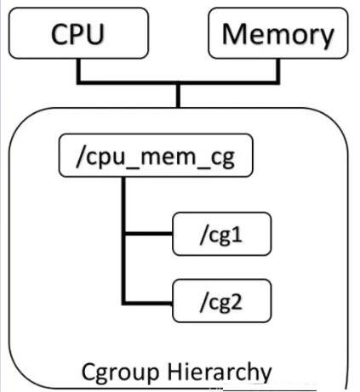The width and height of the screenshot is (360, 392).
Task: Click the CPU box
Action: (78, 33)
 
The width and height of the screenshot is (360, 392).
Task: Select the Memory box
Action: (278, 33)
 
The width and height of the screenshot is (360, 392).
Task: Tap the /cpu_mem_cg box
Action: (156, 156)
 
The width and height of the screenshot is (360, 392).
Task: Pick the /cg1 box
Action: (222, 234)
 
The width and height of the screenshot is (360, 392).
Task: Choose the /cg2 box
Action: (222, 301)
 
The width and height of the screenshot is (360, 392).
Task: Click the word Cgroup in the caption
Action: (120, 372)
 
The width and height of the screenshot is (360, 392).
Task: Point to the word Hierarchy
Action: (220, 372)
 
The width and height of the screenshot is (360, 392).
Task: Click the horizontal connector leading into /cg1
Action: (149, 234)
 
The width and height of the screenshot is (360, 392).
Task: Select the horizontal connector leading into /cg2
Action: (147, 304)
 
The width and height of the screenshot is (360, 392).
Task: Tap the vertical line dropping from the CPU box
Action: (78, 70)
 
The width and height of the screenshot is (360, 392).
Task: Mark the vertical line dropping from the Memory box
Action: (278, 70)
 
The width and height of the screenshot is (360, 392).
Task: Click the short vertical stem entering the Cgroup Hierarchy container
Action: (178, 96)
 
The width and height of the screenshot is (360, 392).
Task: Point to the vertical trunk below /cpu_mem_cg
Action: (123, 241)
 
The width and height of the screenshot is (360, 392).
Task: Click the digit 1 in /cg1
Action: (237, 234)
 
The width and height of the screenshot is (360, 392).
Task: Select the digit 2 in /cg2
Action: (237, 301)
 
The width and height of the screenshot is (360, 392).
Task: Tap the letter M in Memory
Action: (235, 34)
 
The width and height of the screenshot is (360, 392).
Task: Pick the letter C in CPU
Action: (60, 34)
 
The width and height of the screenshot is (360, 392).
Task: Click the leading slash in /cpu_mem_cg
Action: (80, 156)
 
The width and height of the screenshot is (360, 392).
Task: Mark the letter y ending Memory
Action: (327, 38)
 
